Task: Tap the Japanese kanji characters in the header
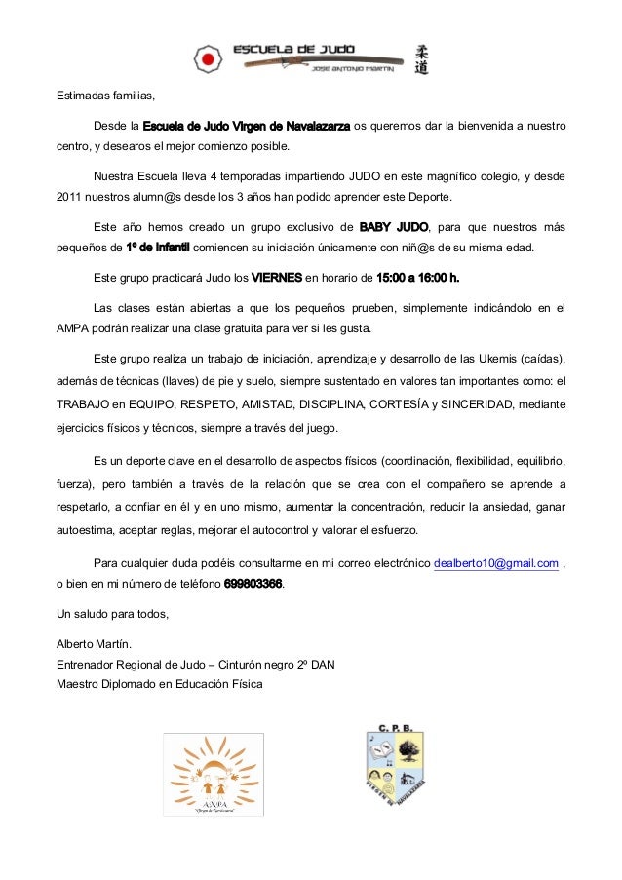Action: click(x=421, y=58)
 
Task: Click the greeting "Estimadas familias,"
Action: click(x=104, y=96)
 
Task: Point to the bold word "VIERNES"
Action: click(x=278, y=276)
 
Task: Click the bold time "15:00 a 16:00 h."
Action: click(x=417, y=276)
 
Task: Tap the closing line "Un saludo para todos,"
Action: click(x=112, y=614)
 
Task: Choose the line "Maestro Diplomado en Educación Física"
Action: click(x=159, y=683)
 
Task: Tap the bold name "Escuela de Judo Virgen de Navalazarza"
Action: click(x=247, y=126)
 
